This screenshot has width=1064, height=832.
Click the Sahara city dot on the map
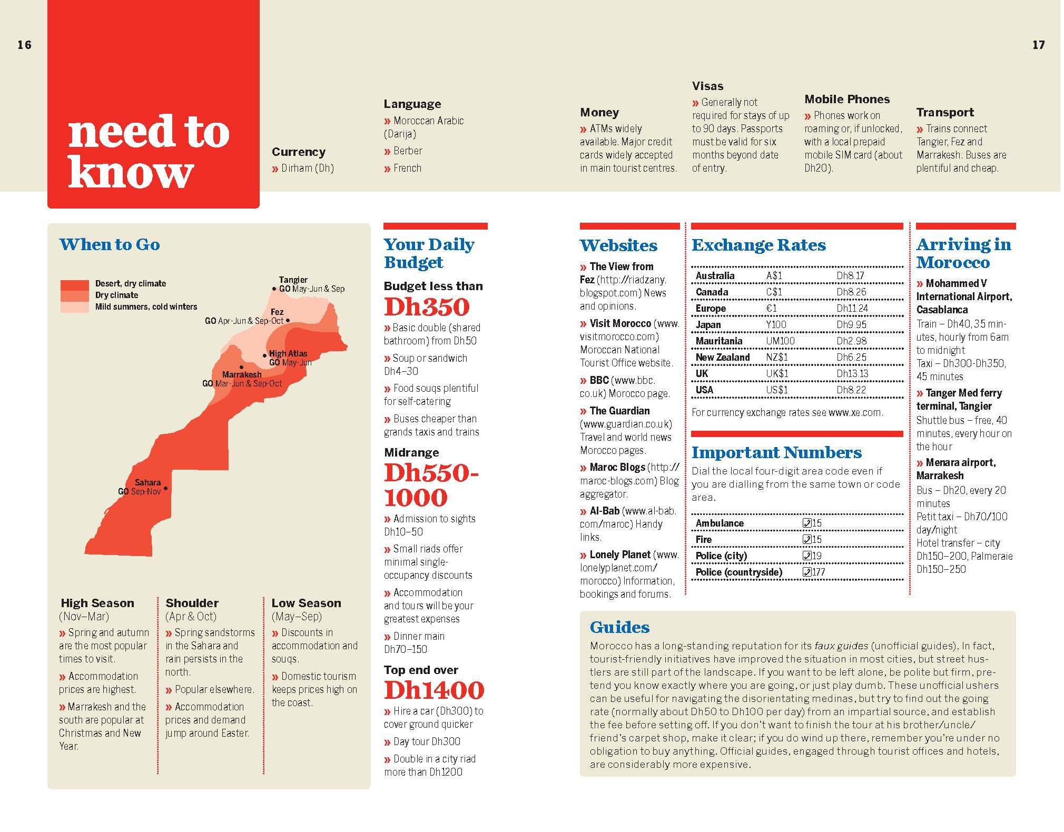[165, 489]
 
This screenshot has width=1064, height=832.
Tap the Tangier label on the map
[293, 280]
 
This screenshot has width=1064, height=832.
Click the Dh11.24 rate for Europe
[852, 309]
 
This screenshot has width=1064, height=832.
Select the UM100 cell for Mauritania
[780, 341]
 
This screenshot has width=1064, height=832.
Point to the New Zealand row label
[722, 358]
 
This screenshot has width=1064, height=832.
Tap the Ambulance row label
[720, 523]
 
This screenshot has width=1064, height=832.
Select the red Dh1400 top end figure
[434, 690]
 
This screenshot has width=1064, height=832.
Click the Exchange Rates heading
[758, 245]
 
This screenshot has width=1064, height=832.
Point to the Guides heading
[619, 627]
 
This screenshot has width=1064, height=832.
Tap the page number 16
[24, 45]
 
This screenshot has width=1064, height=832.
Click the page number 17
[1038, 45]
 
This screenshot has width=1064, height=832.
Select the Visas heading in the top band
[707, 86]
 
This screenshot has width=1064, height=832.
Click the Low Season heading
[306, 603]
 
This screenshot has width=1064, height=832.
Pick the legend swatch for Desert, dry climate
[74, 285]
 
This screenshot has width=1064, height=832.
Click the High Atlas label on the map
[288, 353]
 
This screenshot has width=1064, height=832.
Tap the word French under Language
[407, 169]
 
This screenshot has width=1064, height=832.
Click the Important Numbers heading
[776, 453]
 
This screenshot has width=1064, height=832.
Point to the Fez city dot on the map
[288, 320]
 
